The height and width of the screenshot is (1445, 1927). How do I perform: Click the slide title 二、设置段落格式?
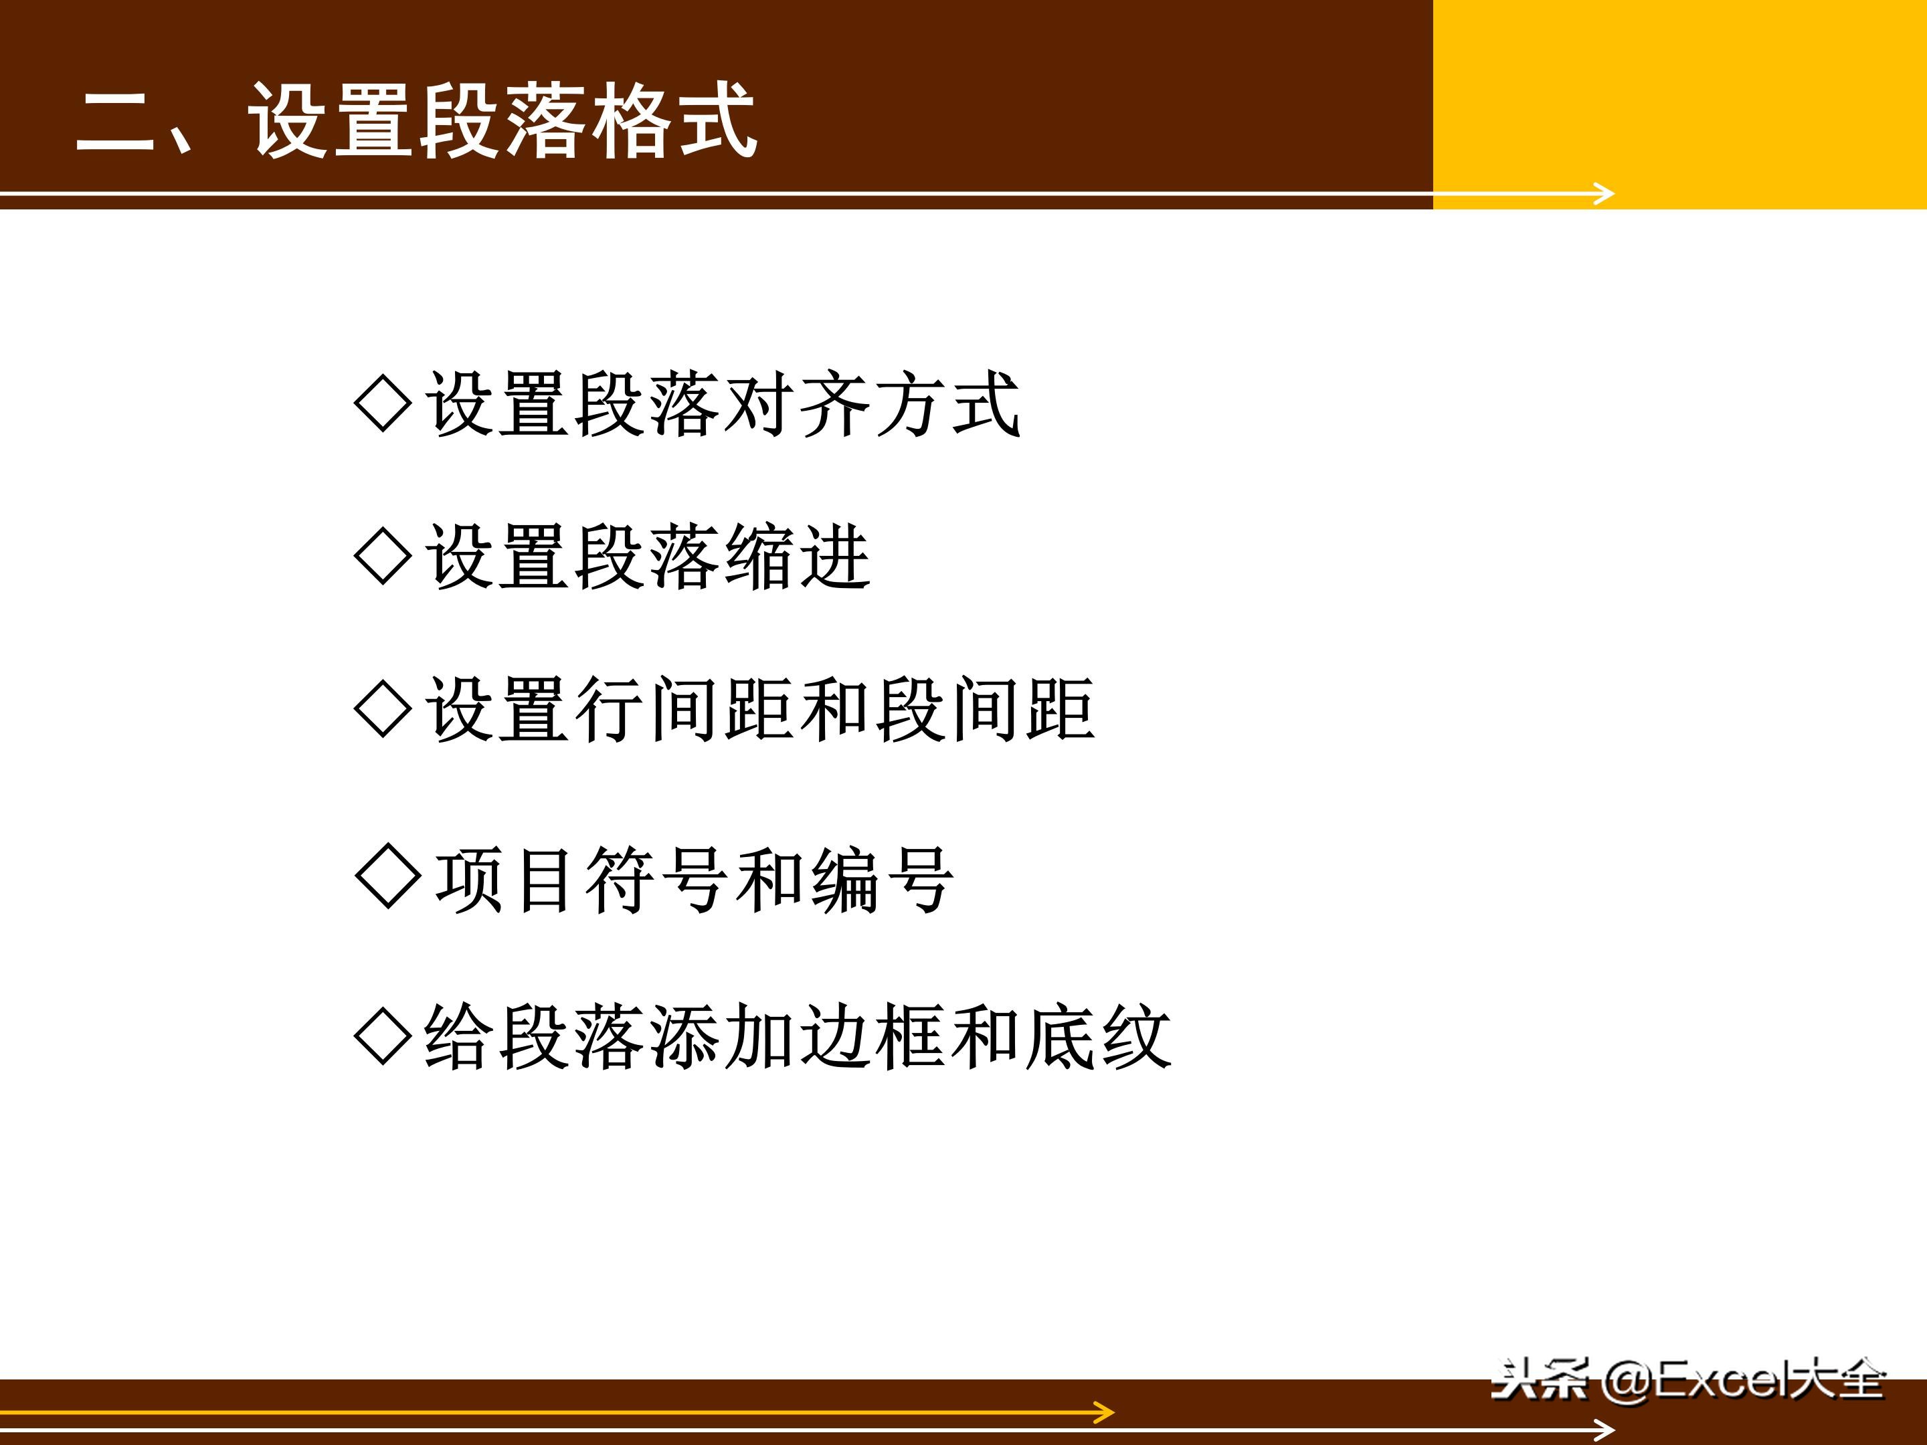pos(416,122)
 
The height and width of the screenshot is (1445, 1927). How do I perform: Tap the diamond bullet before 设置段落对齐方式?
pos(383,403)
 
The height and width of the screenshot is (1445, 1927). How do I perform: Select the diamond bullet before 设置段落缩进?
pos(383,556)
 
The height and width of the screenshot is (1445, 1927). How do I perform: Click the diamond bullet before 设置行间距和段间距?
pos(383,709)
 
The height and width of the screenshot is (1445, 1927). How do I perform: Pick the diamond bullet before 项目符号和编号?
pos(387,876)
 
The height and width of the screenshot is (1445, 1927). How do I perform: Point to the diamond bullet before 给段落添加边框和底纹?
pos(383,1036)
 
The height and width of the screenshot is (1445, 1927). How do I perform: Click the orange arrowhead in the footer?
pos(1105,1413)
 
